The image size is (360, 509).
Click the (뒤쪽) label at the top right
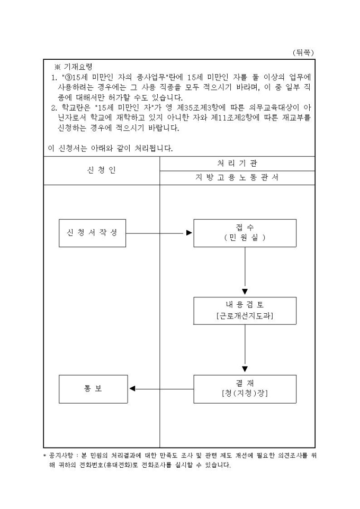(303, 52)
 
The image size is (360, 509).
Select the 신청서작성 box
(92, 233)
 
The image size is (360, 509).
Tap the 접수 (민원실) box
(245, 233)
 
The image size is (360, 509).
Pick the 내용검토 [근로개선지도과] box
(245, 311)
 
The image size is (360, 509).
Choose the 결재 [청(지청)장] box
(245, 389)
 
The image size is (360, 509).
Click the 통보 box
(92, 389)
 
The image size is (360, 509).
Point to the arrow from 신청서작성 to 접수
(159, 233)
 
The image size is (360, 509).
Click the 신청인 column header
(101, 170)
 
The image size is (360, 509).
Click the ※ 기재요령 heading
(74, 67)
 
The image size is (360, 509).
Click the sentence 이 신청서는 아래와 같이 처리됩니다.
(110, 148)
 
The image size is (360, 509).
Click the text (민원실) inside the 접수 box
(245, 238)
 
